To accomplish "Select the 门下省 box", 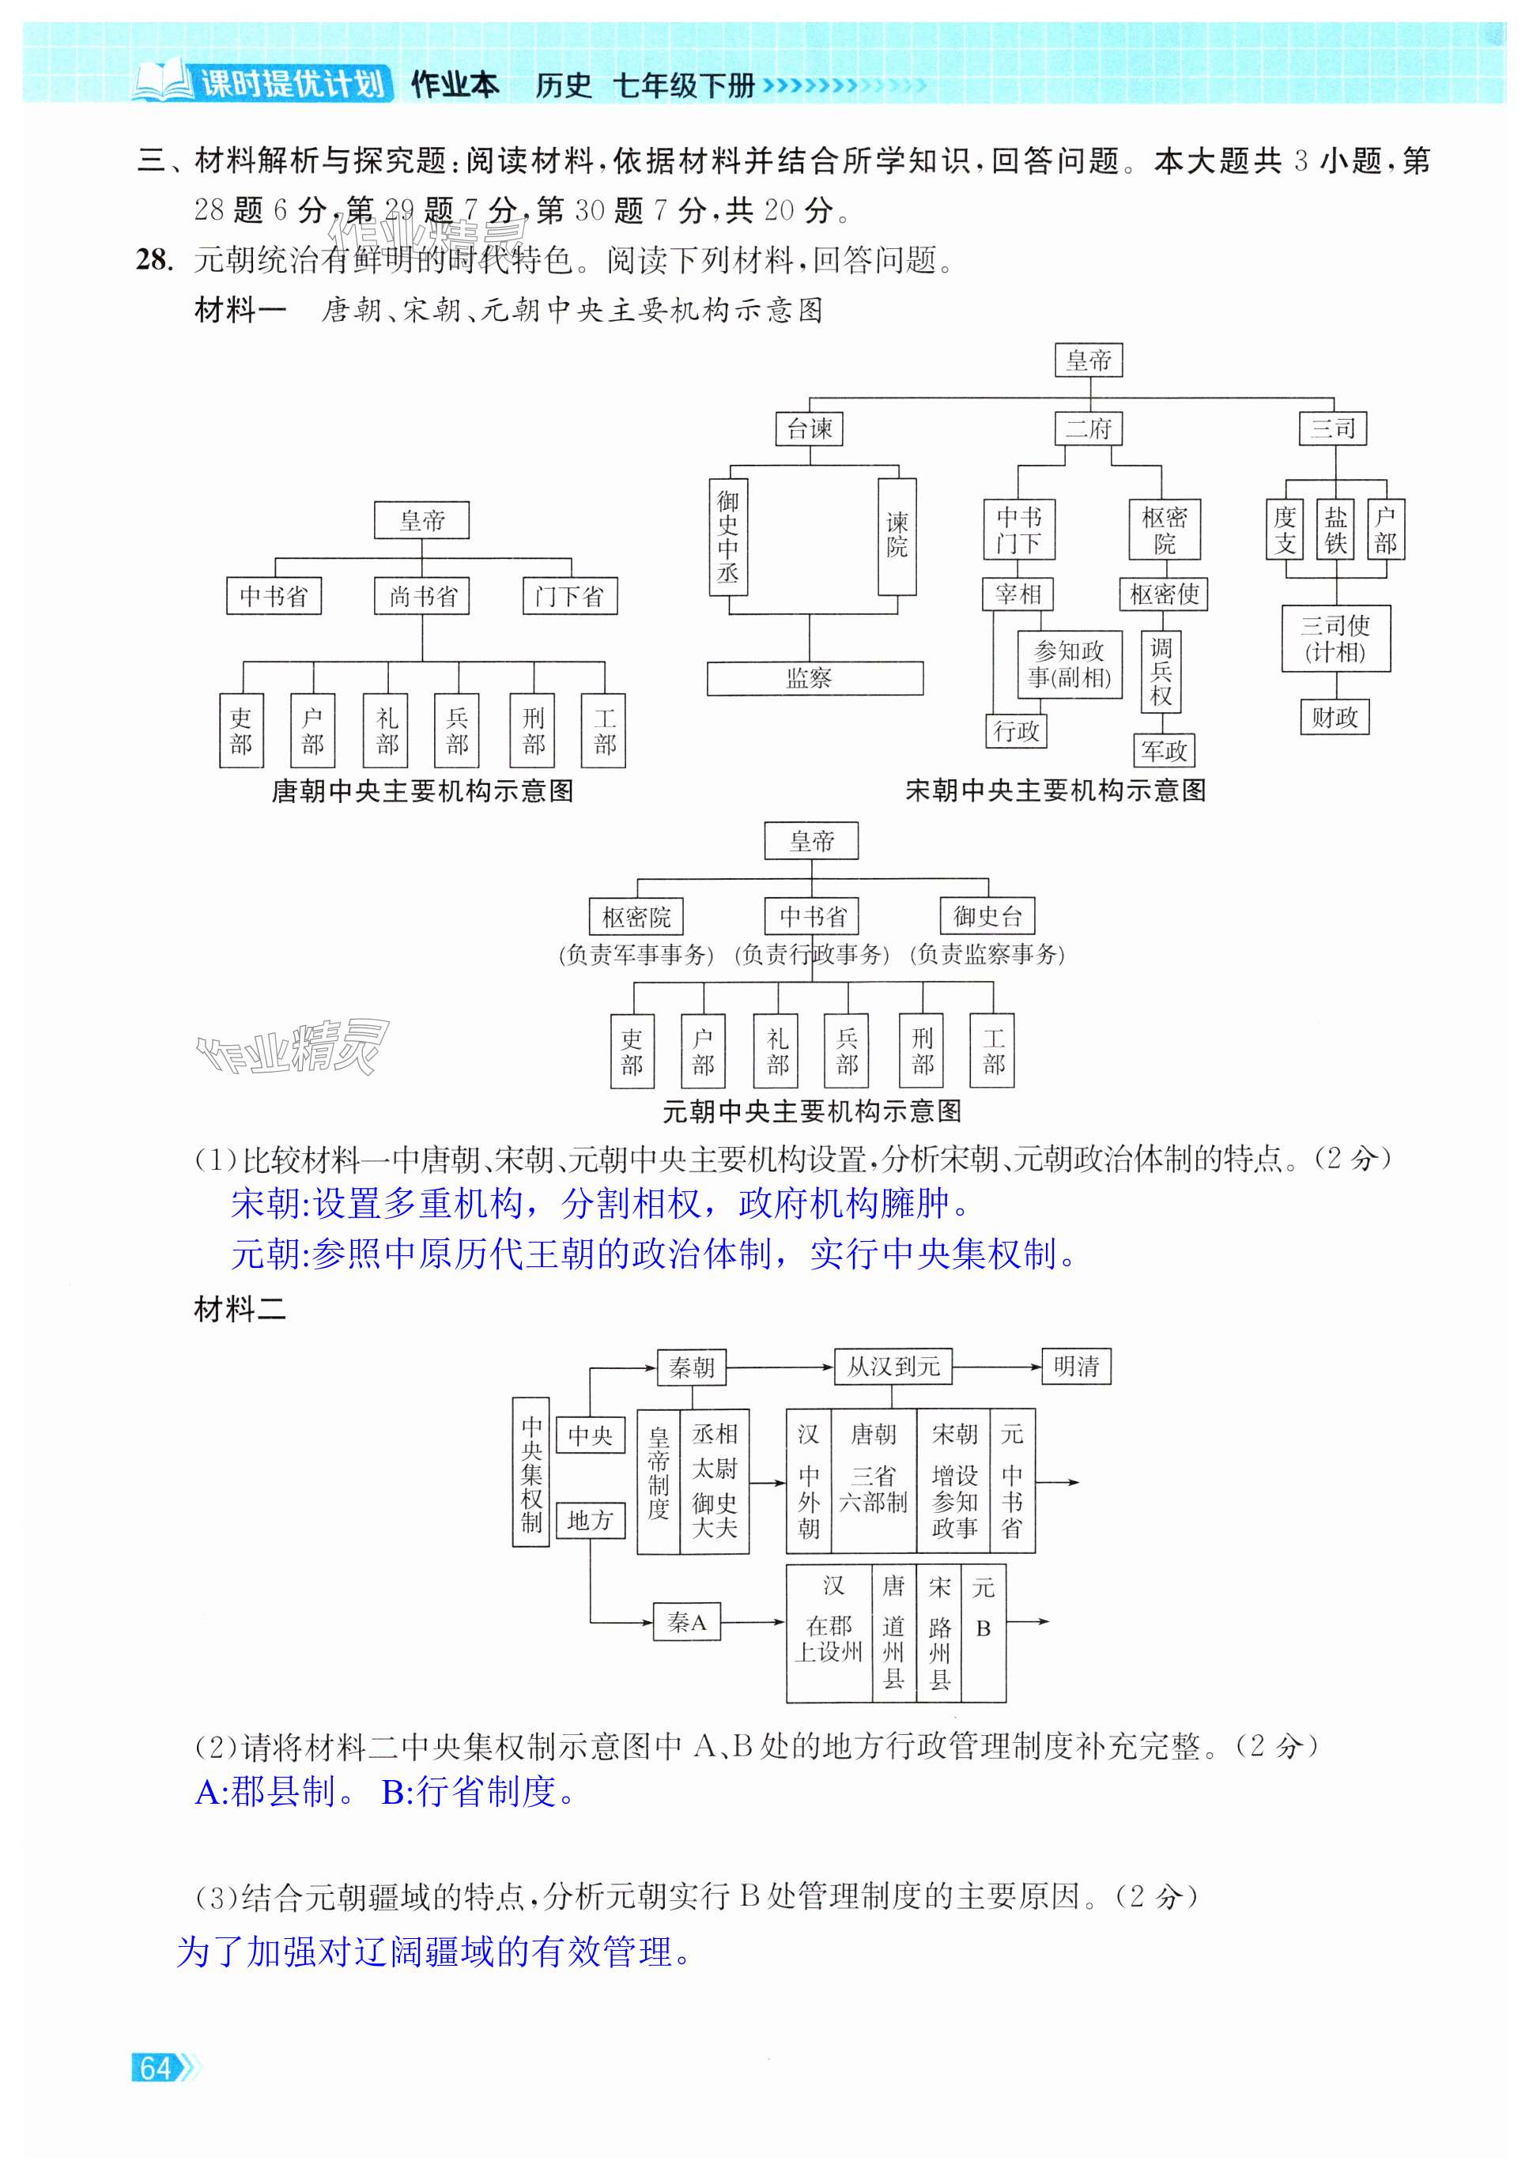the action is click(x=570, y=596).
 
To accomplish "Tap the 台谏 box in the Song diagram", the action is click(x=809, y=428).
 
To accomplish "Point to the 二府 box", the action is click(x=1089, y=428).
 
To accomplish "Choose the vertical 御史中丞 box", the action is click(x=728, y=537).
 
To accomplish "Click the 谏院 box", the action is click(x=897, y=537).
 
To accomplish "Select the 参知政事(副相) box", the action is click(x=1070, y=665).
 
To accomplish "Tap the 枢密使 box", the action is click(x=1164, y=595).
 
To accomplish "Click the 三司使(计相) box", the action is click(x=1335, y=639).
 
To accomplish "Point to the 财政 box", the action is click(x=1335, y=718).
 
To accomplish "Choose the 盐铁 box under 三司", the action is click(x=1335, y=530).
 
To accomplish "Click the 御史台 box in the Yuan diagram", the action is click(x=987, y=916).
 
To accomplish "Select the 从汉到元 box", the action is click(x=893, y=1367).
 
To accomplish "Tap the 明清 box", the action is click(x=1076, y=1367).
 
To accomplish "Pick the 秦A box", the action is click(x=686, y=1622).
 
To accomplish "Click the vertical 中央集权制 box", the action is click(x=530, y=1472).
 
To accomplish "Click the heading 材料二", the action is click(x=240, y=1311).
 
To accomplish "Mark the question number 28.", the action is click(x=154, y=259).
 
